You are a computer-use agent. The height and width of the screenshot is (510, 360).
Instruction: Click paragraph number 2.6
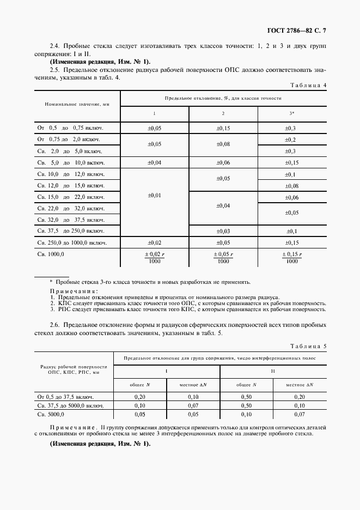pos(56,325)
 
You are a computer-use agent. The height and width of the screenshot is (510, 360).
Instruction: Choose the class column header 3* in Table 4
pos(292,114)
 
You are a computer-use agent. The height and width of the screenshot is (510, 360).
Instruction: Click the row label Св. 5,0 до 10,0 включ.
pos(70,162)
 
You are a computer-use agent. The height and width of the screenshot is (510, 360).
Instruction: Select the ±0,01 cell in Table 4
pos(154,195)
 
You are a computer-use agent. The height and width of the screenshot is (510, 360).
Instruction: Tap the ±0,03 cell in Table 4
pos(223,231)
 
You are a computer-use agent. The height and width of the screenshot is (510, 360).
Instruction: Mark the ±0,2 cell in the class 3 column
pos(292,139)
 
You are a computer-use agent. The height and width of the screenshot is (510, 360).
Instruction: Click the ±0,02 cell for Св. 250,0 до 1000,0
pos(154,242)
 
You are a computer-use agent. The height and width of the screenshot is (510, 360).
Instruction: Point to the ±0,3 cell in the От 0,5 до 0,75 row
pos(292,128)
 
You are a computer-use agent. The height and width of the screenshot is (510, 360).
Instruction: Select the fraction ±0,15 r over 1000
pos(292,257)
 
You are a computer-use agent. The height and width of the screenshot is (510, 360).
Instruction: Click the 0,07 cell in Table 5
pos(193,405)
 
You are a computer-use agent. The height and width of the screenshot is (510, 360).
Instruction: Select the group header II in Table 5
pos(273,371)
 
